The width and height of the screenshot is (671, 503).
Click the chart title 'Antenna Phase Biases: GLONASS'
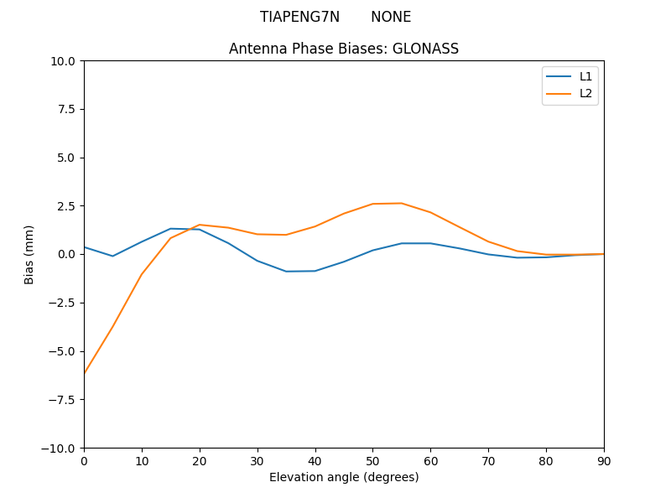click(x=344, y=49)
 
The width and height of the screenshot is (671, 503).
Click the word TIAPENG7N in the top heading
click(x=299, y=17)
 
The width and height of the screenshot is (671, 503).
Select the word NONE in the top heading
click(x=391, y=17)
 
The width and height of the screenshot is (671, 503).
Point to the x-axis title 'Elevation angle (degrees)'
click(x=344, y=477)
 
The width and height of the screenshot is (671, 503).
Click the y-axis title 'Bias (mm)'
click(x=29, y=254)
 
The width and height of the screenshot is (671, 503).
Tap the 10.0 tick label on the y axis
click(x=64, y=61)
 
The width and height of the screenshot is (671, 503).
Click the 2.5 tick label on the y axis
click(x=67, y=206)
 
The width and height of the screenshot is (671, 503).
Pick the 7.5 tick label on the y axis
click(x=67, y=110)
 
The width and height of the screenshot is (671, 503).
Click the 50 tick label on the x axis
click(x=372, y=460)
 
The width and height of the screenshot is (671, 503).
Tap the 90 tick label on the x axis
click(x=604, y=460)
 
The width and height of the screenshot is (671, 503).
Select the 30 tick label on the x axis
click(x=257, y=460)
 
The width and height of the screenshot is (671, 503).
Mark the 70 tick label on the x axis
click(x=488, y=460)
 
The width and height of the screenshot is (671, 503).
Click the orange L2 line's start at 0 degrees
click(x=85, y=373)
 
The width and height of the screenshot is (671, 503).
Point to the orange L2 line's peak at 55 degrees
click(x=402, y=203)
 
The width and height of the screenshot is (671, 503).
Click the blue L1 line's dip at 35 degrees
click(x=286, y=272)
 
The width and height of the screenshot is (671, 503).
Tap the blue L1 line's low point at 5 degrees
click(x=112, y=257)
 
